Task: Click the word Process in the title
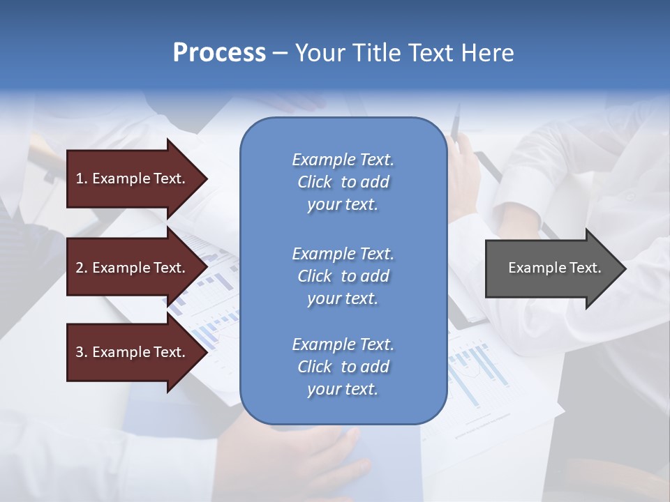point(219,53)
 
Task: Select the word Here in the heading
point(486,53)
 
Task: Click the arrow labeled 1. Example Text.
point(131,178)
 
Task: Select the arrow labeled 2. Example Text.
point(131,268)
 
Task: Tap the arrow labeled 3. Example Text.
point(131,352)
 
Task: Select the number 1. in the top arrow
point(81,178)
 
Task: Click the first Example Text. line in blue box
point(343,160)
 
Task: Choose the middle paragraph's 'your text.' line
point(343,298)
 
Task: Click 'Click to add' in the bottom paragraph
point(343,367)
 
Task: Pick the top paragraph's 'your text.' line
point(343,205)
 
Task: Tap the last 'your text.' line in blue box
point(343,390)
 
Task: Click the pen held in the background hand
point(456,125)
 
